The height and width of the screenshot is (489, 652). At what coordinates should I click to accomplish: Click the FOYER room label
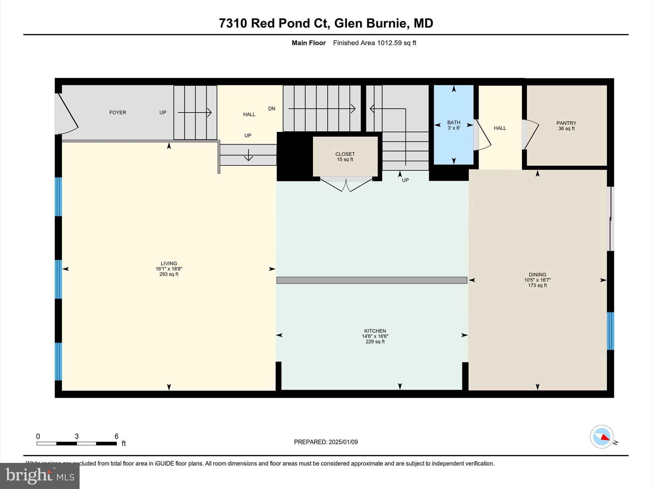pyautogui.click(x=117, y=112)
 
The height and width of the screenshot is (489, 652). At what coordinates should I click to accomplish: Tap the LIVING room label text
pyautogui.click(x=169, y=263)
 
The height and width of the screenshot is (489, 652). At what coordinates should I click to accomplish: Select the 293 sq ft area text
pyautogui.click(x=169, y=274)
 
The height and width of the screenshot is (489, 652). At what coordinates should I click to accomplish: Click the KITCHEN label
pyautogui.click(x=375, y=331)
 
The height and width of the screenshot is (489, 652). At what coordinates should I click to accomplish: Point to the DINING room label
pyautogui.click(x=537, y=274)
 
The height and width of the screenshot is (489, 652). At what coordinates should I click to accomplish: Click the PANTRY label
pyautogui.click(x=566, y=123)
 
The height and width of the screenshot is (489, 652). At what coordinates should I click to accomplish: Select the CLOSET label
pyautogui.click(x=345, y=154)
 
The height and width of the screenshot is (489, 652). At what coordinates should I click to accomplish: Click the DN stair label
pyautogui.click(x=272, y=109)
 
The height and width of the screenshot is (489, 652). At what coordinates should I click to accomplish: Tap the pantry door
pyautogui.click(x=531, y=134)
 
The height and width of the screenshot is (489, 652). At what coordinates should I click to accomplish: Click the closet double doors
pyautogui.click(x=346, y=185)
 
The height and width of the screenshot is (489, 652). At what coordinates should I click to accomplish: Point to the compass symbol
pyautogui.click(x=601, y=436)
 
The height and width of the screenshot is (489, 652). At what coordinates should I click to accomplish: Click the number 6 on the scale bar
pyautogui.click(x=117, y=436)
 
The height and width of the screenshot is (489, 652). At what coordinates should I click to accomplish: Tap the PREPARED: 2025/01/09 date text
pyautogui.click(x=326, y=442)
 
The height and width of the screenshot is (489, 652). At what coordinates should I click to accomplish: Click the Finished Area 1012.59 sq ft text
pyautogui.click(x=374, y=43)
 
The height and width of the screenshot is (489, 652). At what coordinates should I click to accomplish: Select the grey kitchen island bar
pyautogui.click(x=372, y=280)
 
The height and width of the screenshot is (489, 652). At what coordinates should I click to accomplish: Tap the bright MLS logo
pyautogui.click(x=40, y=476)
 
